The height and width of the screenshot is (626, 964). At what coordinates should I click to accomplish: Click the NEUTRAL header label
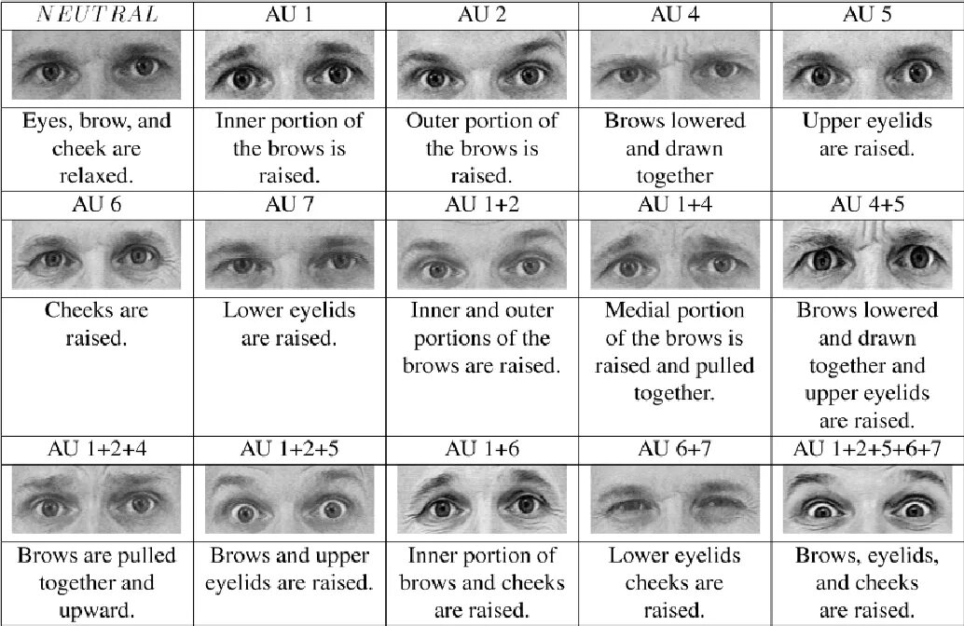[x=96, y=14]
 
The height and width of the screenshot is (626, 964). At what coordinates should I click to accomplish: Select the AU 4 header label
[x=674, y=14]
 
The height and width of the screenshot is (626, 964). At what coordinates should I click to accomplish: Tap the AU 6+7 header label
[x=674, y=448]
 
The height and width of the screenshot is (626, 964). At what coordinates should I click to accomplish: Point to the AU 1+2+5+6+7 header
[x=866, y=448]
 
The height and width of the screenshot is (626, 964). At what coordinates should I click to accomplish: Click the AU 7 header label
[x=289, y=204]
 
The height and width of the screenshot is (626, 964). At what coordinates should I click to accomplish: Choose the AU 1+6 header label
[x=481, y=448]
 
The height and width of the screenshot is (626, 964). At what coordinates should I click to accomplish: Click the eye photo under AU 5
[x=866, y=66]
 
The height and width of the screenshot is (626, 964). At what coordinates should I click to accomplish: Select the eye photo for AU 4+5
[x=866, y=254]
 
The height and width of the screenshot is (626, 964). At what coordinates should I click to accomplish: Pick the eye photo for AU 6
[x=96, y=254]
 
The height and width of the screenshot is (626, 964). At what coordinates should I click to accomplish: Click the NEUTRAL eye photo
[x=96, y=66]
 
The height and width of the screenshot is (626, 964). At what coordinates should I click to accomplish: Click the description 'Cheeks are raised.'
[x=96, y=323]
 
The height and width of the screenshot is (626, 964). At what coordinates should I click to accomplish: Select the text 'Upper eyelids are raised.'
[x=866, y=135]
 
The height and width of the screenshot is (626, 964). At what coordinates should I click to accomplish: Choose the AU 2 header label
[x=481, y=14]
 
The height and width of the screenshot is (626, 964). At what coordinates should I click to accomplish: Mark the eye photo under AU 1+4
[x=674, y=254]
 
